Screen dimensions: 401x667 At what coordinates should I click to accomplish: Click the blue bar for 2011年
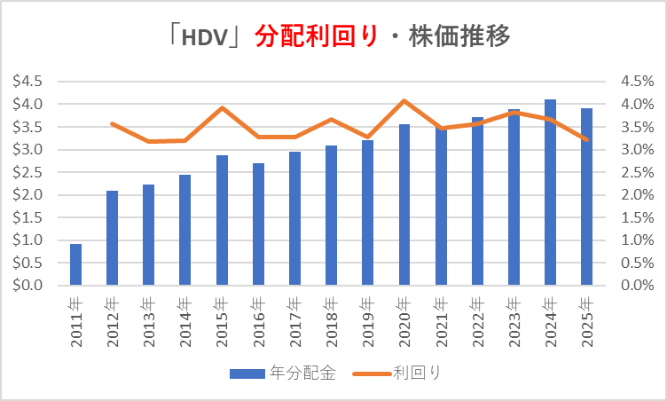[76, 264]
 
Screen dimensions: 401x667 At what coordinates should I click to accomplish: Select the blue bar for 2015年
[223, 221]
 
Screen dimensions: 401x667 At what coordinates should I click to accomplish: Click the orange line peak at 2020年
[404, 100]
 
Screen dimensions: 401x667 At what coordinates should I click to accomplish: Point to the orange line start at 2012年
[113, 123]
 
